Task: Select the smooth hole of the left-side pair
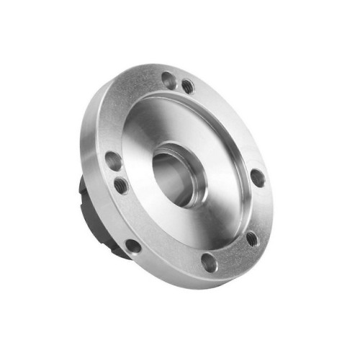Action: (x=113, y=161)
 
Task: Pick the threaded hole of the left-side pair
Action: (x=121, y=186)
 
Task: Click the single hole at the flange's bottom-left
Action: (x=133, y=245)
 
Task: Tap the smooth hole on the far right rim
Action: (x=257, y=177)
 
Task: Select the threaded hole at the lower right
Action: (x=252, y=238)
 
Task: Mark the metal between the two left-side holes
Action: (x=117, y=174)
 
